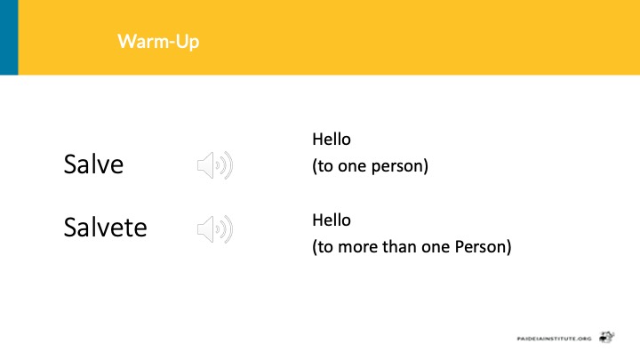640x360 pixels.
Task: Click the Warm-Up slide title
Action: click(x=158, y=42)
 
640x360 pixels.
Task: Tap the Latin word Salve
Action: click(x=93, y=164)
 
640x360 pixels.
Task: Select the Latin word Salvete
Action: click(x=105, y=227)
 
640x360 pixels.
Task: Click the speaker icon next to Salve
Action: click(x=215, y=165)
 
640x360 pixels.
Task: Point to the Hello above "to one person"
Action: click(x=332, y=140)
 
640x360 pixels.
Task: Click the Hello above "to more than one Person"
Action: click(x=332, y=220)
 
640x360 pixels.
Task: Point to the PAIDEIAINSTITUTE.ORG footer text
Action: click(x=554, y=339)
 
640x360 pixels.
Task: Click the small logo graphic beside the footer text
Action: click(x=607, y=337)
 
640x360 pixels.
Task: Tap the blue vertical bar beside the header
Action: click(x=9, y=37)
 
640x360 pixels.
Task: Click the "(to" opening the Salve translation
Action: click(x=323, y=166)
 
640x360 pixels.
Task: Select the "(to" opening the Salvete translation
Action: click(x=323, y=247)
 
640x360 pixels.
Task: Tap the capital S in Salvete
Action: click(x=70, y=227)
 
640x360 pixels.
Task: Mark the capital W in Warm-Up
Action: click(x=126, y=41)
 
